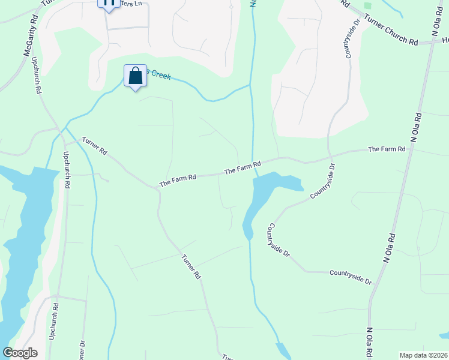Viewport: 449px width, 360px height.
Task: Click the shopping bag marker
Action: [x=136, y=76]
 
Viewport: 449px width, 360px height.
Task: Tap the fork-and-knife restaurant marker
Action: [x=108, y=3]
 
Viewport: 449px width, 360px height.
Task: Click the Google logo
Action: [x=20, y=353]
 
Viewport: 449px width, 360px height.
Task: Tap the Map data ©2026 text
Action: [x=423, y=355]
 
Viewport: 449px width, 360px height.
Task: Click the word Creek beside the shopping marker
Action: [x=160, y=74]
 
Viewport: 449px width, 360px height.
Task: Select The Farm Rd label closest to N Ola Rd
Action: [x=387, y=149]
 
